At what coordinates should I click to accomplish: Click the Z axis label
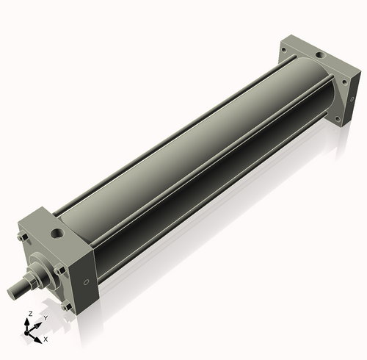(x=29, y=314)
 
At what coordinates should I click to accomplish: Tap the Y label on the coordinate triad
(x=46, y=318)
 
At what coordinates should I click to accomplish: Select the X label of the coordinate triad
(x=46, y=339)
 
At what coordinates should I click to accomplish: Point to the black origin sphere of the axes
(x=32, y=330)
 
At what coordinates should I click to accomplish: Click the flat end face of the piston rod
(x=12, y=293)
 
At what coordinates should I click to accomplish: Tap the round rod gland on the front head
(x=43, y=267)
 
